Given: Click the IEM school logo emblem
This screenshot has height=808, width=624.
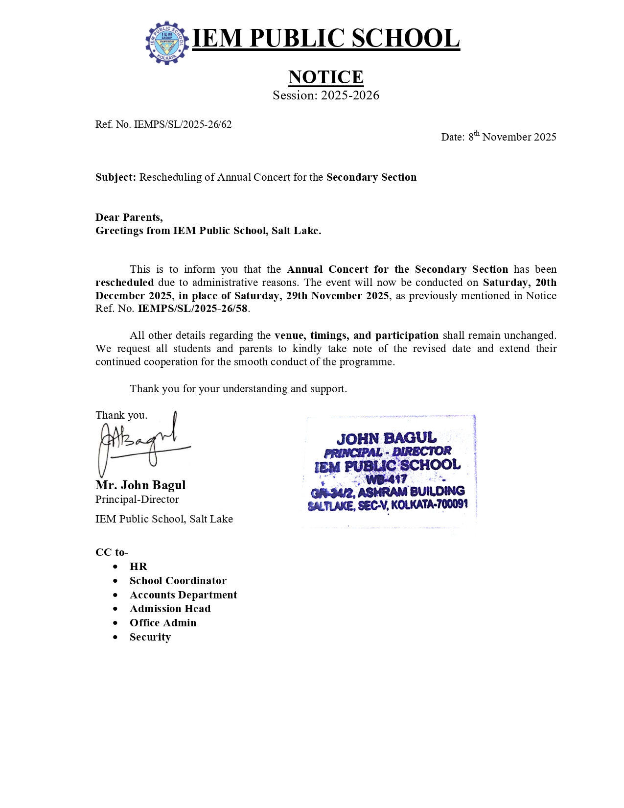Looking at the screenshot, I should point(167,43).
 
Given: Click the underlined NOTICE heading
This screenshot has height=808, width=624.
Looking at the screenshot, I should point(325,77).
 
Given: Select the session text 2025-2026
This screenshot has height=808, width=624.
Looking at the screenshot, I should point(350,95).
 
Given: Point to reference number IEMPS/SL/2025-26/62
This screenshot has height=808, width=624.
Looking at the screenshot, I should point(183,124).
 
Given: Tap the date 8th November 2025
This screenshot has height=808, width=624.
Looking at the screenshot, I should point(512,137).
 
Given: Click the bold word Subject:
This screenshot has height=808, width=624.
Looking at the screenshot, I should point(116,177).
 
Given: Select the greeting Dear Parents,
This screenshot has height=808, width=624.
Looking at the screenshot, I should point(129,217).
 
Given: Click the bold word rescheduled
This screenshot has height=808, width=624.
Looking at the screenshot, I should point(124,283).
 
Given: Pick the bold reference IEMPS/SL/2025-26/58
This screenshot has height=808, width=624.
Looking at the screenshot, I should point(193,309).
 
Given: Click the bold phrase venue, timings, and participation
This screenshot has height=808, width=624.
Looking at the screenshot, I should point(356,335).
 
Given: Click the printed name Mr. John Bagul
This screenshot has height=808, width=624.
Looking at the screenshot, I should point(140,485).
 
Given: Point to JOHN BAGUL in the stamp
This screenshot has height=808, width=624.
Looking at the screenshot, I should point(386,438).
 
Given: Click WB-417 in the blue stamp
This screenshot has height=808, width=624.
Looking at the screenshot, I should point(387,478).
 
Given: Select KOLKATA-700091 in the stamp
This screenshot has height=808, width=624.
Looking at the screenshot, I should point(429,504).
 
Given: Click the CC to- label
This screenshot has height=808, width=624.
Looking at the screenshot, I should point(111,552).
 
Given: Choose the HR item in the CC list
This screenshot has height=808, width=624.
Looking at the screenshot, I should point(139,567).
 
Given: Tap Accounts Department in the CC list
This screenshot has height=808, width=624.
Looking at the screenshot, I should point(183,595).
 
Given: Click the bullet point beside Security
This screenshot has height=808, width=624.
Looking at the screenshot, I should point(116,638).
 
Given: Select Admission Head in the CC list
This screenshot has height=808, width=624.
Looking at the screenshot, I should point(170,609).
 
